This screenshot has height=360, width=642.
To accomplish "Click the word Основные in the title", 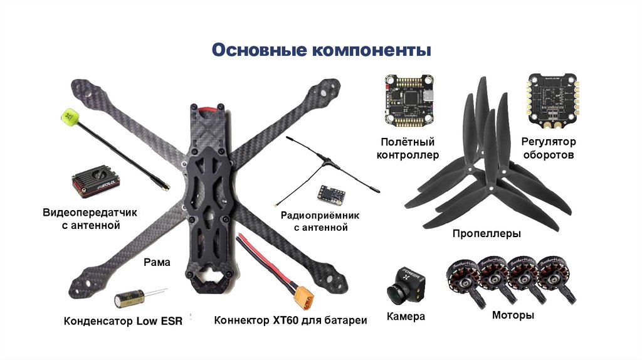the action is coord(259,50).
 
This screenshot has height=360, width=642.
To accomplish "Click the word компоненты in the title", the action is coord(372,51).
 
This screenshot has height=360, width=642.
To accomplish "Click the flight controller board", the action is coord(409,100).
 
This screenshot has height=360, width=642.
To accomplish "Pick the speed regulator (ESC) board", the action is coord(552,98).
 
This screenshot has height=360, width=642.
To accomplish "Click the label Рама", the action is coord(157,262).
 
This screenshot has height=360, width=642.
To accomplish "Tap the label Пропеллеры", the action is coord(487,234).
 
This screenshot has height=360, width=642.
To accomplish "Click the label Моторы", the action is coord(513,315).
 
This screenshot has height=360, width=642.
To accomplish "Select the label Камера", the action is coord(406,316).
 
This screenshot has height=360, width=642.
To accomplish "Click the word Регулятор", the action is coord(549,142).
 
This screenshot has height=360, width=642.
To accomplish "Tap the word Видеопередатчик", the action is coord(90,213).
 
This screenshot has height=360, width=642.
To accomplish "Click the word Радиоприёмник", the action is coord(320,215).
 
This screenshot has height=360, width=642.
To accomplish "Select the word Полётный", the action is coord(408,142).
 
